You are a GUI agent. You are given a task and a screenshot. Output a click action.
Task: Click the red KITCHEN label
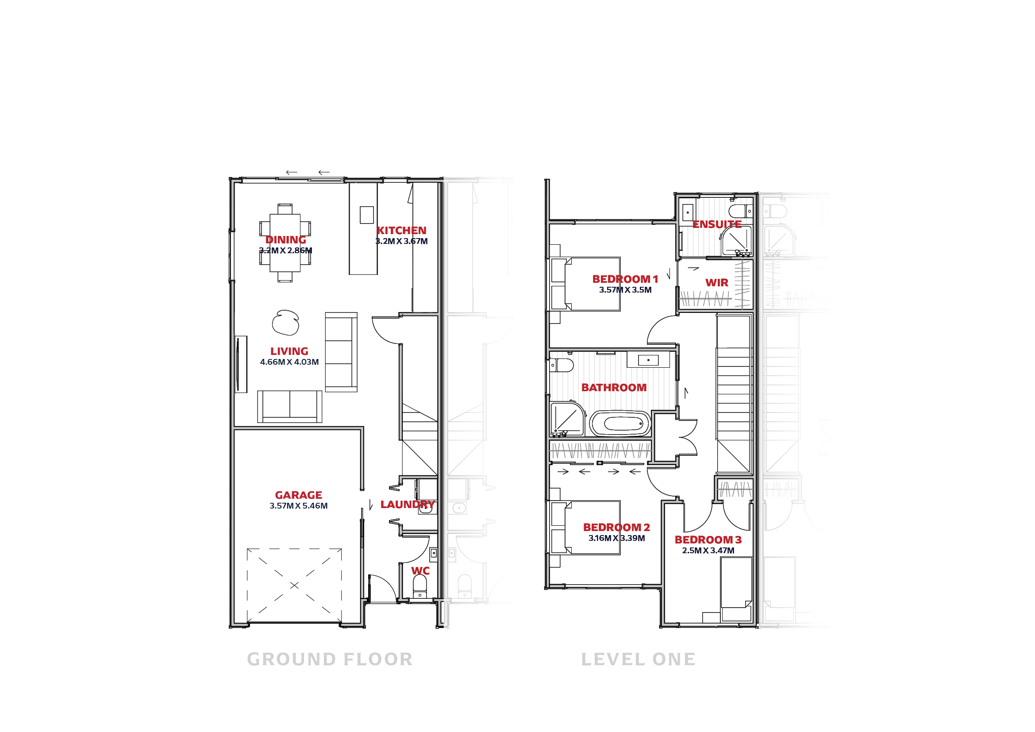(x=401, y=230)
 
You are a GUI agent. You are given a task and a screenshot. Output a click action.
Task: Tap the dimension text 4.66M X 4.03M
(x=289, y=362)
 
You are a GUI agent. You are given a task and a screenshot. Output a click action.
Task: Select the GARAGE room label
(x=298, y=495)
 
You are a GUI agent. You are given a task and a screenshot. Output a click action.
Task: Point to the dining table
(x=285, y=243)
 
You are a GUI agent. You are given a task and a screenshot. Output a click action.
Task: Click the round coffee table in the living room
(x=285, y=323)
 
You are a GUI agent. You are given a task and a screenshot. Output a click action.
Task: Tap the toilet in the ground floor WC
(x=419, y=586)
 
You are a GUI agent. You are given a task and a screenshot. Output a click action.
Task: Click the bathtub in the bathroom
(x=621, y=424)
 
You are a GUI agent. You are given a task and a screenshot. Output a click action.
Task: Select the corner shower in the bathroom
(x=567, y=419)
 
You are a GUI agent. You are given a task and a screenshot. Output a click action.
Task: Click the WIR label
(x=717, y=283)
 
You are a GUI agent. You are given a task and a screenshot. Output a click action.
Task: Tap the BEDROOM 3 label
(x=708, y=539)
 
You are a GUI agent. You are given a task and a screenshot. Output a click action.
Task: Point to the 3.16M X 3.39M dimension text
(x=617, y=538)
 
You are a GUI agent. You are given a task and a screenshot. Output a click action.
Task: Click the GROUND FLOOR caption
(x=330, y=659)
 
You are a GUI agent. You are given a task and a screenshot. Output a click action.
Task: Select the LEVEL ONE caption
(x=639, y=659)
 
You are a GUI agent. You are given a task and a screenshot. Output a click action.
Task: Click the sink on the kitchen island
(x=366, y=215)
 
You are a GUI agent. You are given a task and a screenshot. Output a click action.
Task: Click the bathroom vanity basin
(x=648, y=360)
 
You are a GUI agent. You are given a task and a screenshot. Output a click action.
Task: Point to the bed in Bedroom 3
(x=736, y=589)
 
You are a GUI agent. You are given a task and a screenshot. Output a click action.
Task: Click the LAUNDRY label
(x=408, y=505)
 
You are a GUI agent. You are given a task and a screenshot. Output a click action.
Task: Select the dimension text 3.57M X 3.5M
(x=625, y=290)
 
